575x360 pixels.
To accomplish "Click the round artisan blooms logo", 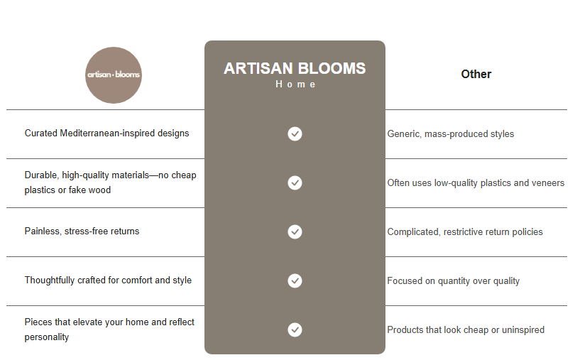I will tap(114, 75).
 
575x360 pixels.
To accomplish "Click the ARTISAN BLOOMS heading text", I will tap(295, 69).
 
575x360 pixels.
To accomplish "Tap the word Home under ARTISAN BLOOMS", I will tap(295, 84).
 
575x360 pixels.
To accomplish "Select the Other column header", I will tap(476, 74).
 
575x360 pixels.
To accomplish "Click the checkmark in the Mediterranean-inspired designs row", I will tap(295, 133).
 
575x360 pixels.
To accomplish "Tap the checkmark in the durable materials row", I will tap(295, 182).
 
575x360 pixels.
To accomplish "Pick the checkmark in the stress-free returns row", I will tap(295, 231).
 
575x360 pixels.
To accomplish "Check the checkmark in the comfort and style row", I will tap(295, 280).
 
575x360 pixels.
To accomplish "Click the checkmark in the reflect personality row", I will tap(295, 329).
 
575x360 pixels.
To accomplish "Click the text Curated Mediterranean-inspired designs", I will tap(106, 133).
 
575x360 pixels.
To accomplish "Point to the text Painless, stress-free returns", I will tap(82, 231).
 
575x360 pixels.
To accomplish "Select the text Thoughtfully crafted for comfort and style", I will tap(108, 280).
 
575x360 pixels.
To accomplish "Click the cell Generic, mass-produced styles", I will tap(450, 133).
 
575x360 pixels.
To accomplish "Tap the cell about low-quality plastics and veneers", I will tap(476, 182).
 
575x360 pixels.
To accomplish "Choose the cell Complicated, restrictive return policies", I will tap(464, 231).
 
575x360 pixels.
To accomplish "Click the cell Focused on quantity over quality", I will tap(453, 280).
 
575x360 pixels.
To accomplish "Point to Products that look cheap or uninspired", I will tap(466, 329).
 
